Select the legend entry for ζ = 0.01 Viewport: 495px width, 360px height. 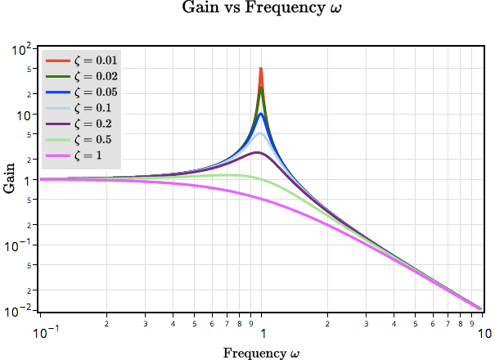click(82, 61)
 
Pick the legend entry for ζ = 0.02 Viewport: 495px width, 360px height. click(82, 76)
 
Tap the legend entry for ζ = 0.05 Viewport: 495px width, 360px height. click(82, 92)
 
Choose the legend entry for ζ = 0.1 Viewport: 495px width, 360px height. click(82, 107)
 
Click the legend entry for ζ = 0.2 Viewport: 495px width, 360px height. click(82, 124)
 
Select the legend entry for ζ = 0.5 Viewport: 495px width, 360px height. click(82, 139)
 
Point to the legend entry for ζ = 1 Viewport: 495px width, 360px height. click(82, 155)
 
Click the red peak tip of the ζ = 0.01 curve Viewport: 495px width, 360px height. click(261, 69)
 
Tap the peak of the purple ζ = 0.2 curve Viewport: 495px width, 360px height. click(257, 153)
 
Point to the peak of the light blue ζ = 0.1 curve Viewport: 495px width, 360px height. click(260, 133)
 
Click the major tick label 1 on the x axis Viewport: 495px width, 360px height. click(262, 334)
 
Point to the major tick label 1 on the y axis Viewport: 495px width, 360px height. click(27, 180)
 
